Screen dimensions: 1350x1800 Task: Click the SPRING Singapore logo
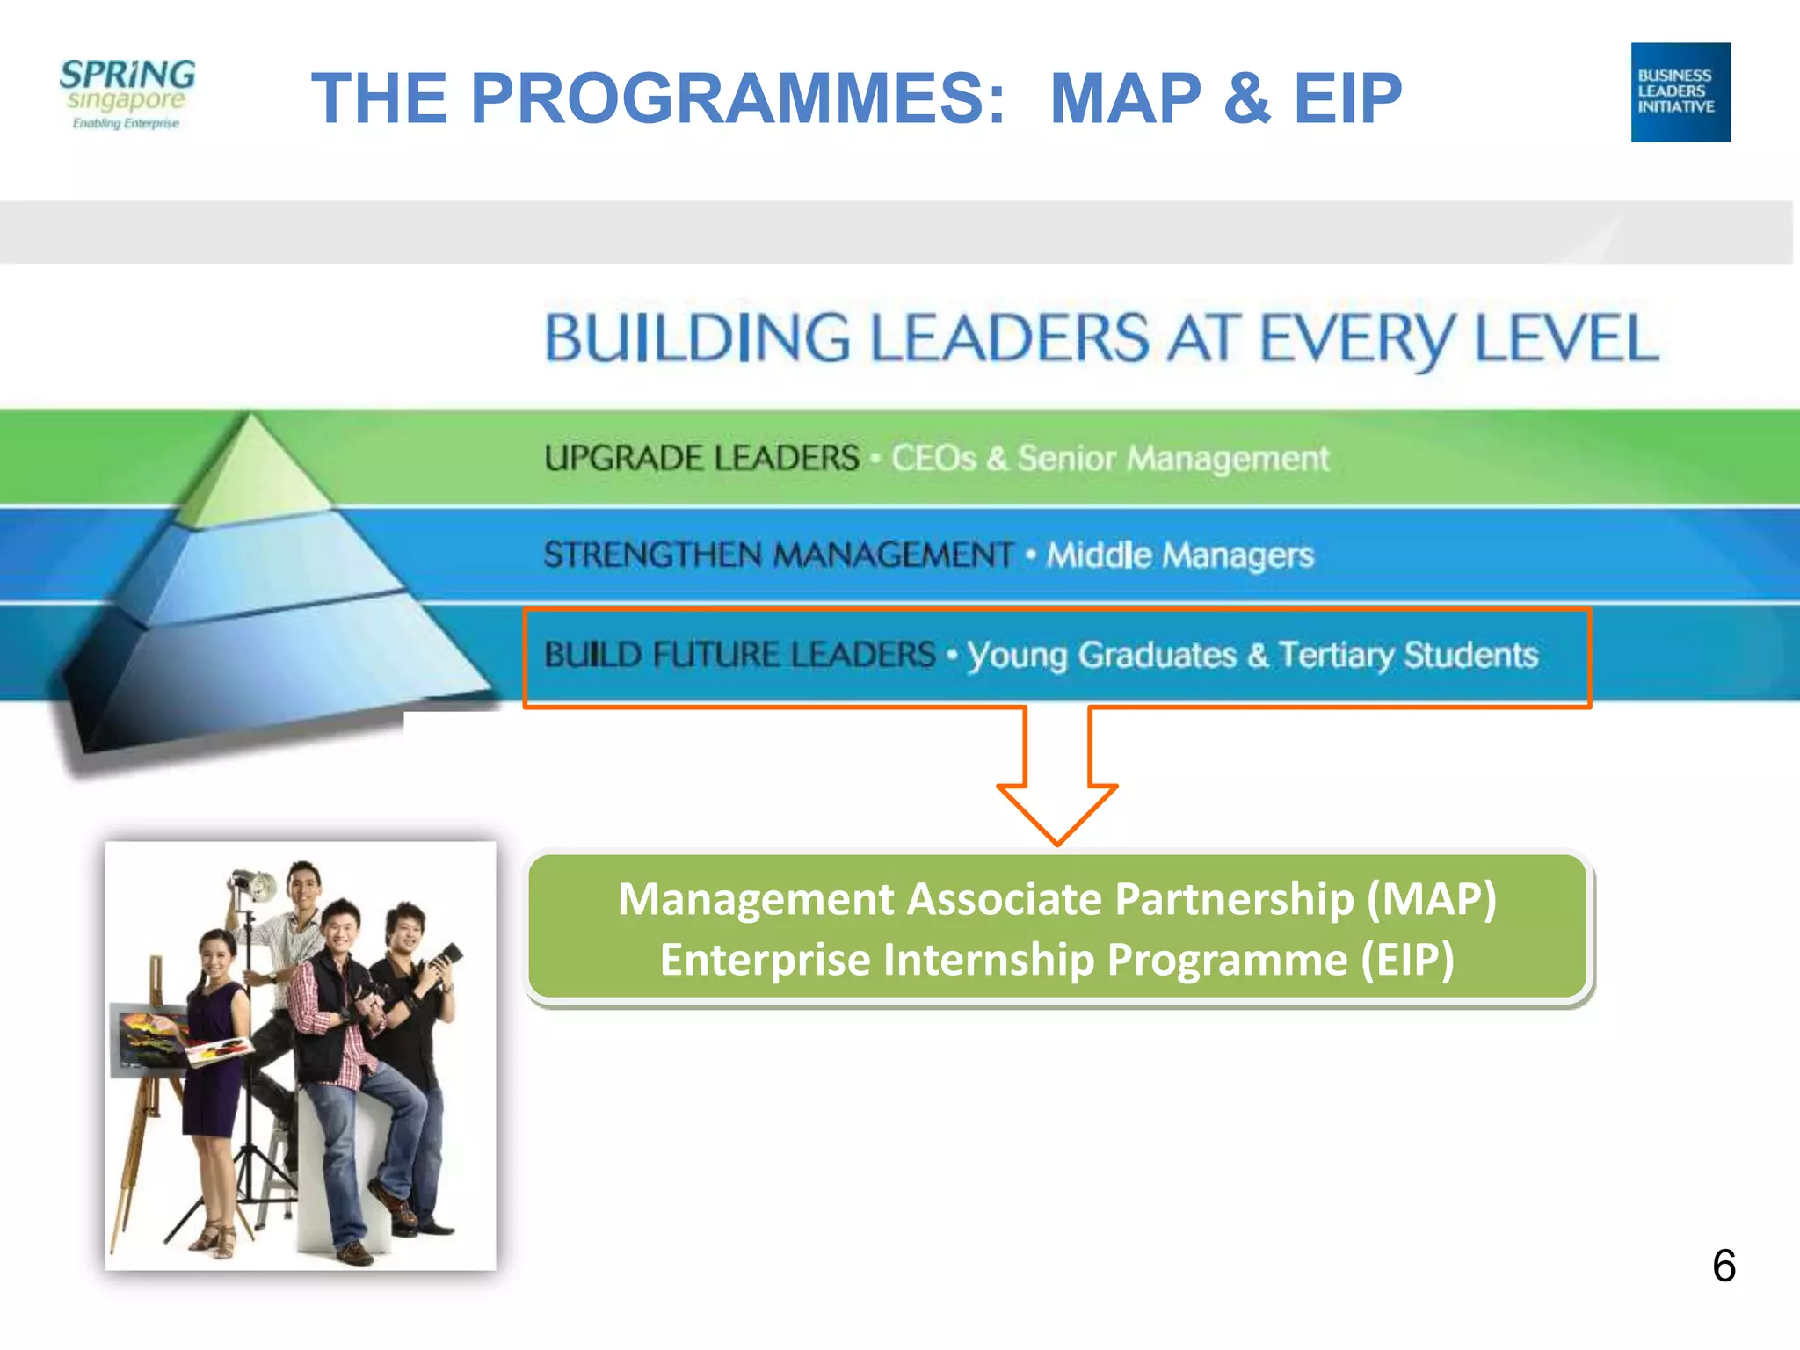pos(127,93)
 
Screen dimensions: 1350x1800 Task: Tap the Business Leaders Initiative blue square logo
pos(1680,92)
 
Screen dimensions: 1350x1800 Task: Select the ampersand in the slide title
pos(1246,98)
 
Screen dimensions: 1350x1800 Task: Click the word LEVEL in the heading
pos(1566,338)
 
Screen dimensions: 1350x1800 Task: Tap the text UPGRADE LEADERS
pos(701,458)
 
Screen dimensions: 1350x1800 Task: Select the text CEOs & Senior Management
pos(1109,458)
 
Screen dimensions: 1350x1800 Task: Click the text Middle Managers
pos(1179,555)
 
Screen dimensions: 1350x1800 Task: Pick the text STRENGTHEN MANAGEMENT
pos(778,555)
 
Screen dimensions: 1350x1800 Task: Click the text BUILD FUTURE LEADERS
pos(739,655)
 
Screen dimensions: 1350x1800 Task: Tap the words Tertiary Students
pos(1408,655)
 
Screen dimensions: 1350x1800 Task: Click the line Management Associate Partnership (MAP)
pos(1056,899)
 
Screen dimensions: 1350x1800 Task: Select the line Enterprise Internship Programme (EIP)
pos(1056,959)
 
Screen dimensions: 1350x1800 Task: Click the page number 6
pos(1724,1266)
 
